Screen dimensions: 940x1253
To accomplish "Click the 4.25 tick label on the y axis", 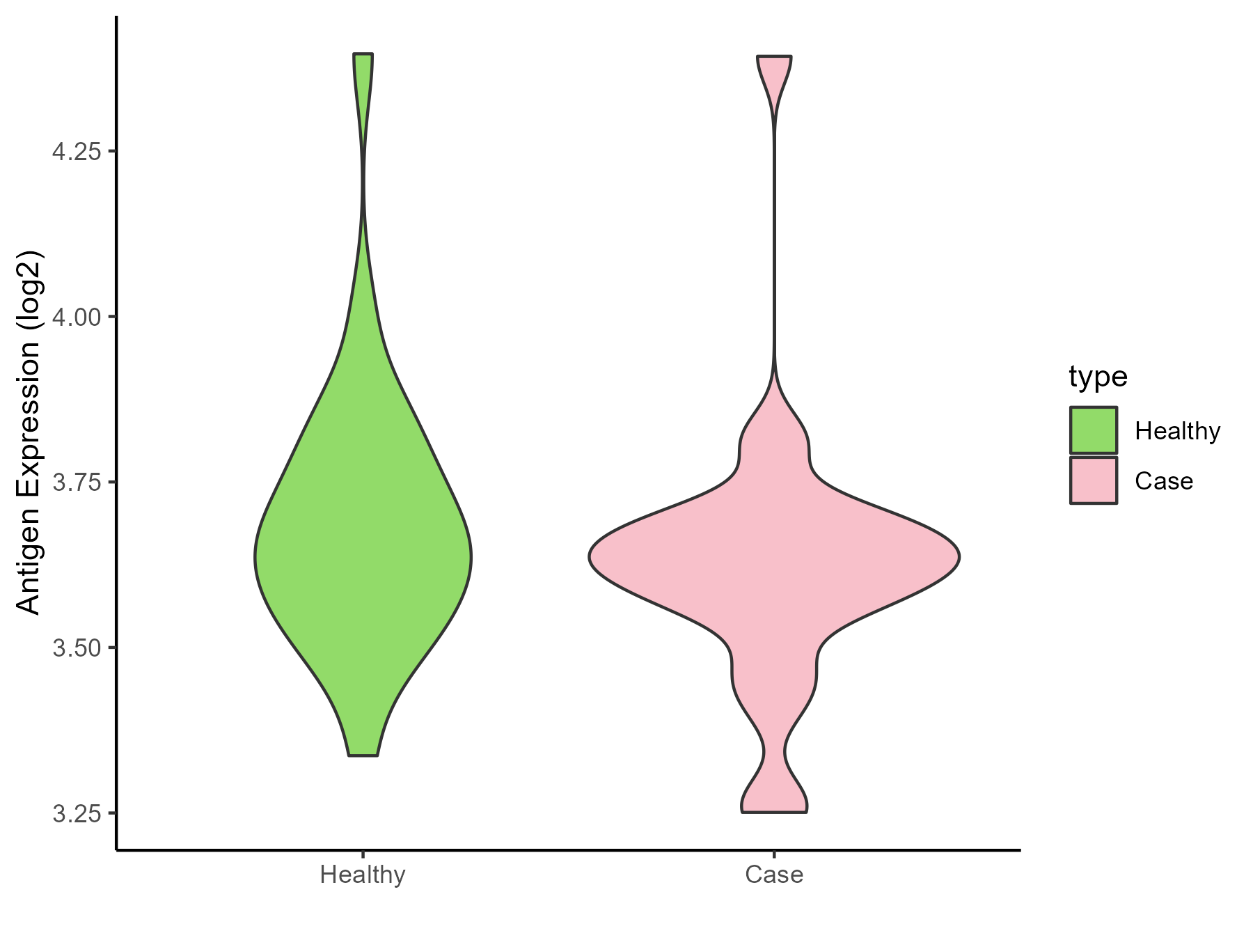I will (77, 151).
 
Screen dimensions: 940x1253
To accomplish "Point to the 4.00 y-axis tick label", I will (77, 317).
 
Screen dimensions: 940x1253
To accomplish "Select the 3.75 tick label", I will (77, 482).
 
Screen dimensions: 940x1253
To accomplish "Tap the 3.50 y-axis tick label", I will (77, 648).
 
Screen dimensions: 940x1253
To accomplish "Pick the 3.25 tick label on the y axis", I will (77, 813).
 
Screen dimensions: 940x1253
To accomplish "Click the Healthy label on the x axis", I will (363, 875).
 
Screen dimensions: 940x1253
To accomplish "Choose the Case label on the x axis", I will (774, 875).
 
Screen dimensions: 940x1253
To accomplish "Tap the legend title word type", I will (1098, 377).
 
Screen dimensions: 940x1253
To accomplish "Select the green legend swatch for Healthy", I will (1094, 430).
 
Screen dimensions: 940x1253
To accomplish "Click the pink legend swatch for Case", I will (1094, 480).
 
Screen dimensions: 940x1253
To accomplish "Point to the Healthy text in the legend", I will (1177, 432).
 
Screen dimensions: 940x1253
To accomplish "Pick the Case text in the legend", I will (1164, 481).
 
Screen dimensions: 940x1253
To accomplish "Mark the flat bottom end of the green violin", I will (363, 754).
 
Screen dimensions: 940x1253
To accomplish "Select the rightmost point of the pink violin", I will (959, 557).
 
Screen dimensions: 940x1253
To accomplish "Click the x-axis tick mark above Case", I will (774, 854).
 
